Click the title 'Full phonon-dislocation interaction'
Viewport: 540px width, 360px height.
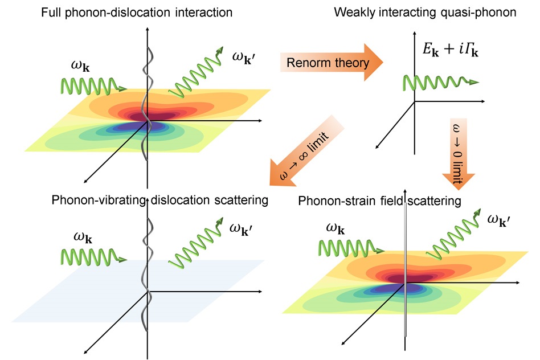pos(136,12)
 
